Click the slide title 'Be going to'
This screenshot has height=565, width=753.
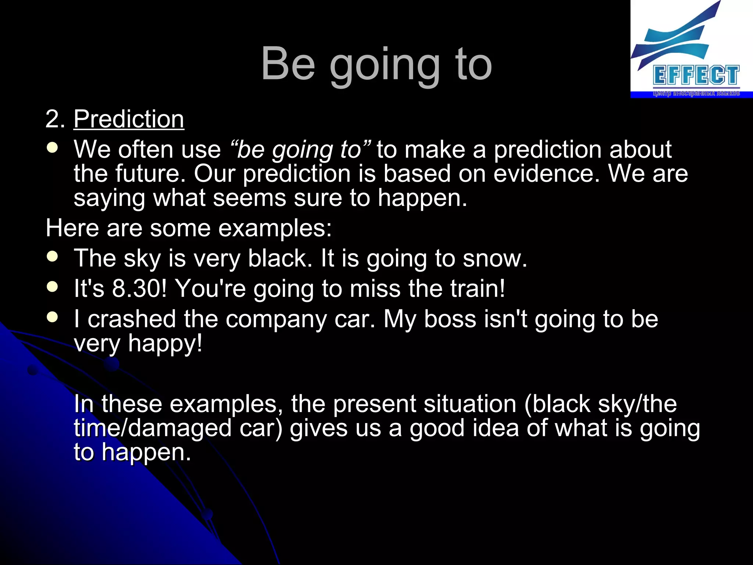pos(376,64)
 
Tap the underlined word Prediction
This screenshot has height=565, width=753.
pos(129,119)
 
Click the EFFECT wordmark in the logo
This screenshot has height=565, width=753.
pos(696,76)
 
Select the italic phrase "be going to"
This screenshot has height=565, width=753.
pos(300,150)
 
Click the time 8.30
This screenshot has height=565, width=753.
pos(139,288)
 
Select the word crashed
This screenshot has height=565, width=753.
pos(132,319)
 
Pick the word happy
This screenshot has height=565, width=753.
pos(165,344)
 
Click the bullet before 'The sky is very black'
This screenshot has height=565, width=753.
pos(53,256)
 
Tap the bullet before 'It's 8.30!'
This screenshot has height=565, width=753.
pos(53,287)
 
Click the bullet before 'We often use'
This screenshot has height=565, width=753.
pos(53,148)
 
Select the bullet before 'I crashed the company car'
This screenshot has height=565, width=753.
pos(53,317)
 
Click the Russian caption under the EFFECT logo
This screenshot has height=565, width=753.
pos(696,93)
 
